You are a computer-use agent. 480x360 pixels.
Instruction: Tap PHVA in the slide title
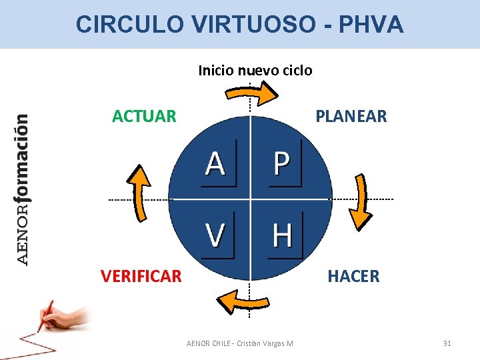click(x=371, y=25)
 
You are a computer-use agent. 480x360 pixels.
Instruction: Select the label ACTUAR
click(x=145, y=117)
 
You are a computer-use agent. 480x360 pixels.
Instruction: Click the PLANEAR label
click(x=351, y=117)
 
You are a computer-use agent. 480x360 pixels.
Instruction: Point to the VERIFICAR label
click(x=141, y=276)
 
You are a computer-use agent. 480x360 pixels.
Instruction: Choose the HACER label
click(x=353, y=276)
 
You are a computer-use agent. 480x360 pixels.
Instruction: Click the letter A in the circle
click(x=215, y=163)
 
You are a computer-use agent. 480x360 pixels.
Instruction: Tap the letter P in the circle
click(x=282, y=163)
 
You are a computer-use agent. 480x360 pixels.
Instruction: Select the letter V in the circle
click(x=215, y=235)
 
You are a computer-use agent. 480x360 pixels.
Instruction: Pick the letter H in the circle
click(x=283, y=235)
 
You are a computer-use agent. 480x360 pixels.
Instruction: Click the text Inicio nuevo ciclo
click(x=255, y=70)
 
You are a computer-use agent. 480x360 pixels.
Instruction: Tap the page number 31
click(x=447, y=343)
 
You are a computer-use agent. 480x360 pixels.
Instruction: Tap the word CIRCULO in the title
click(x=129, y=25)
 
